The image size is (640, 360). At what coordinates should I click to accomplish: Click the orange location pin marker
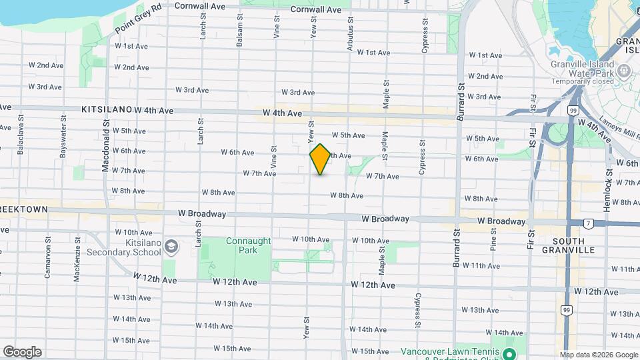point(320,159)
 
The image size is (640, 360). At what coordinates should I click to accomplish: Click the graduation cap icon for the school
point(171,247)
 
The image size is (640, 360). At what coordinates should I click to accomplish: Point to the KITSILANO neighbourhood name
point(107,109)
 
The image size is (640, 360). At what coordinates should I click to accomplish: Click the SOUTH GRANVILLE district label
point(569,245)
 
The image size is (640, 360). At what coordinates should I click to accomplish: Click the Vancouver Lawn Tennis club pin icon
point(509,353)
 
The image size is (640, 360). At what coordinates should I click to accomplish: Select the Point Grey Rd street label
point(138,19)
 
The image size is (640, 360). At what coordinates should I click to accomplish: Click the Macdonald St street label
point(105,147)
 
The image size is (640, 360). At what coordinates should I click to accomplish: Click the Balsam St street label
point(239,30)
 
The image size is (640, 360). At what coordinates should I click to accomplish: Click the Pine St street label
point(493,239)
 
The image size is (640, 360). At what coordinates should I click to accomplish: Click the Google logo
point(22,351)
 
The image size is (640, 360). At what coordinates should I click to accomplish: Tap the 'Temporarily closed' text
point(582,81)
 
